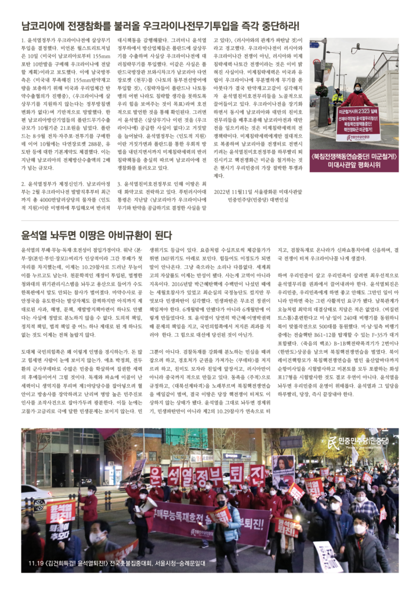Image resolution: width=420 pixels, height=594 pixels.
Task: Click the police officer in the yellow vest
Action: pyautogui.click(x=338, y=98)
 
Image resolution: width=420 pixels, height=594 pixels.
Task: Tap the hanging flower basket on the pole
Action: pyautogui.click(x=321, y=91)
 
